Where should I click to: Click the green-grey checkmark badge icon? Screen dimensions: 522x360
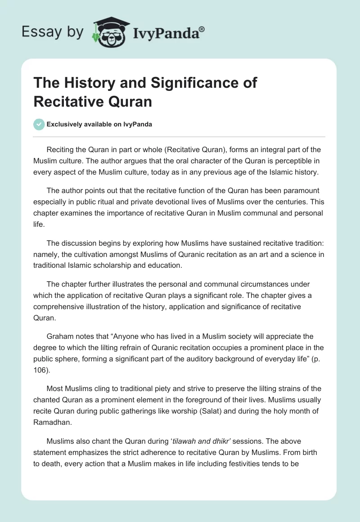(x=39, y=124)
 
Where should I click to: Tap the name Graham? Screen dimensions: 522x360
(x=60, y=336)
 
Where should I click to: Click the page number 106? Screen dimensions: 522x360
(x=40, y=369)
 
